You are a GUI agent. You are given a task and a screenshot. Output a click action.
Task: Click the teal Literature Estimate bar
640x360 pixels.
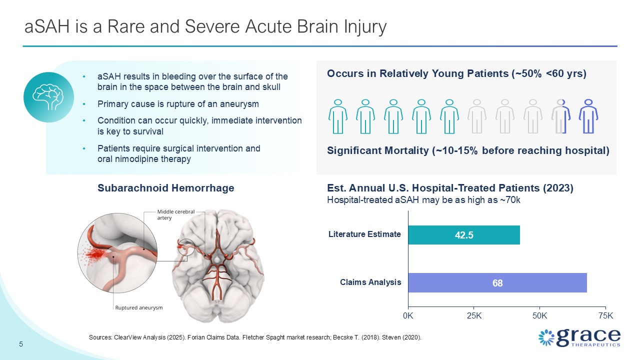(x=463, y=235)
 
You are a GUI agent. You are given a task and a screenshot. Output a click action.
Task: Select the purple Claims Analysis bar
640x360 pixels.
(x=497, y=282)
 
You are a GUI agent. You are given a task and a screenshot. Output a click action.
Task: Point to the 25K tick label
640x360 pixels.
(x=474, y=315)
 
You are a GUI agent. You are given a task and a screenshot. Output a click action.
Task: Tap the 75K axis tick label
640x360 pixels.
(x=605, y=315)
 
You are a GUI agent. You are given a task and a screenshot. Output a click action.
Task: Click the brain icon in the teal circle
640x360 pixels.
(x=48, y=97)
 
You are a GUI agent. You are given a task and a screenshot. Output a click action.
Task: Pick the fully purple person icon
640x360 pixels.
(x=588, y=116)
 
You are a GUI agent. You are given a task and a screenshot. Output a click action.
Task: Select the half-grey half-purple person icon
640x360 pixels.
(x=561, y=116)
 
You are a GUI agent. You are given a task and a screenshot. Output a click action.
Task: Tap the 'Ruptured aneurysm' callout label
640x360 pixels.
(x=139, y=307)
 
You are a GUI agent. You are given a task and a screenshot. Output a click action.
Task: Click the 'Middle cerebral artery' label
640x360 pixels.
(x=175, y=214)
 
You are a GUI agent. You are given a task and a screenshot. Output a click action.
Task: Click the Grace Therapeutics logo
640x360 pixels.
(x=579, y=337)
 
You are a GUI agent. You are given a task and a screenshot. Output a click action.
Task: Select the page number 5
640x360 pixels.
(x=21, y=344)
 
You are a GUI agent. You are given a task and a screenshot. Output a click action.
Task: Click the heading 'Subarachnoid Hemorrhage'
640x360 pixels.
(x=165, y=188)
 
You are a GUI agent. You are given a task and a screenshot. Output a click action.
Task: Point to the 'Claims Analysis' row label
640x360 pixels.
(x=370, y=282)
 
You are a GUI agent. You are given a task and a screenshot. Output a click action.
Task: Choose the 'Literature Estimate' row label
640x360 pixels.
(x=364, y=234)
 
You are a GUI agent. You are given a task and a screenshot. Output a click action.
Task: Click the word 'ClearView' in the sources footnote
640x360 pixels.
(x=127, y=337)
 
